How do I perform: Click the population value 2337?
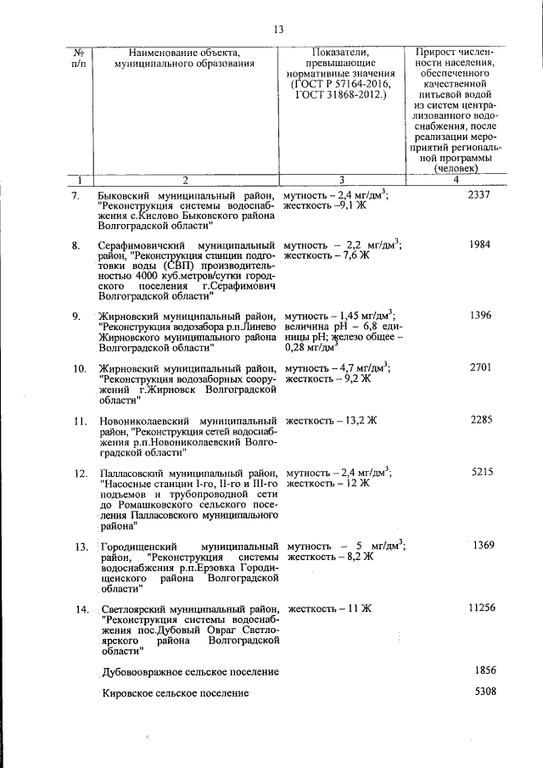tap(479, 195)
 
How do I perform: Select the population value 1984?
tap(479, 245)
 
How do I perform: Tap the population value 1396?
tap(479, 316)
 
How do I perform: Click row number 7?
tap(76, 196)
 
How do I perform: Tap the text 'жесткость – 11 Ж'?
tap(330, 608)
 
